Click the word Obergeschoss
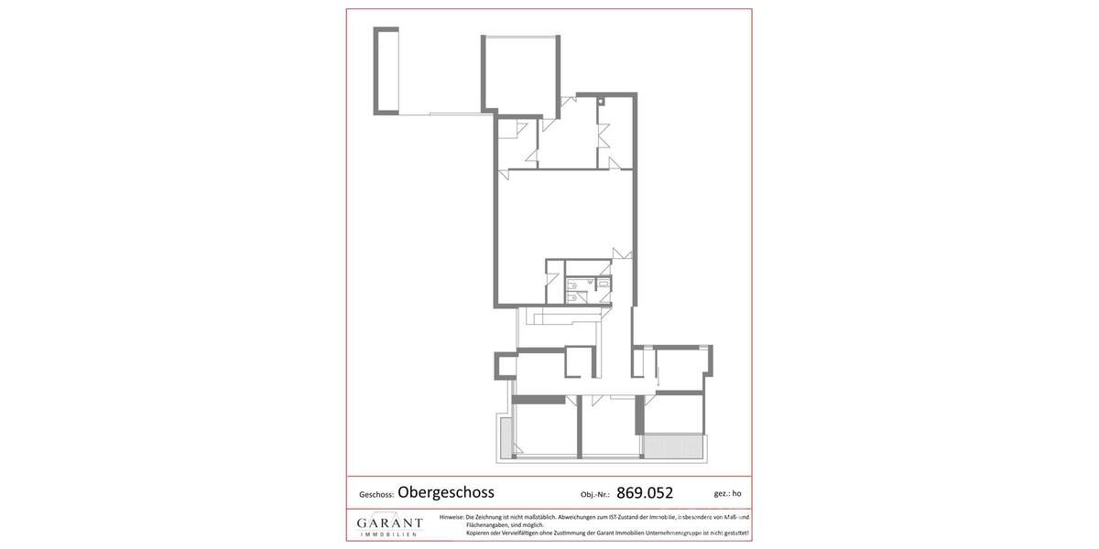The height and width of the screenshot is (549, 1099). coord(445,493)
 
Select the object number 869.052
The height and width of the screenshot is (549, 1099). coord(645,493)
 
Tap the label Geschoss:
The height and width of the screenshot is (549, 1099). coord(375,495)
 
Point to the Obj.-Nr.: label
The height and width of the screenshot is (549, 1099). coord(594,495)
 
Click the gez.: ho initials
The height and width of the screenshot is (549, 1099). coord(727,494)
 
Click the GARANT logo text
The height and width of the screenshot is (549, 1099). coord(389,523)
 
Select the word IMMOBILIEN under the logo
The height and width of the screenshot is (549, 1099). coord(389,534)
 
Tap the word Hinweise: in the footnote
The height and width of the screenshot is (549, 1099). coord(452,517)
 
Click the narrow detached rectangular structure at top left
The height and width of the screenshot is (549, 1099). coord(386,70)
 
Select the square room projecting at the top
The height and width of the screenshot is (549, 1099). coord(520,73)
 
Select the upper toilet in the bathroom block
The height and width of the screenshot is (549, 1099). coord(572,285)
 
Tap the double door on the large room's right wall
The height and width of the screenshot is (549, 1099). coord(623,253)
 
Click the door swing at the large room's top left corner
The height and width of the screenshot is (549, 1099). coord(504,174)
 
